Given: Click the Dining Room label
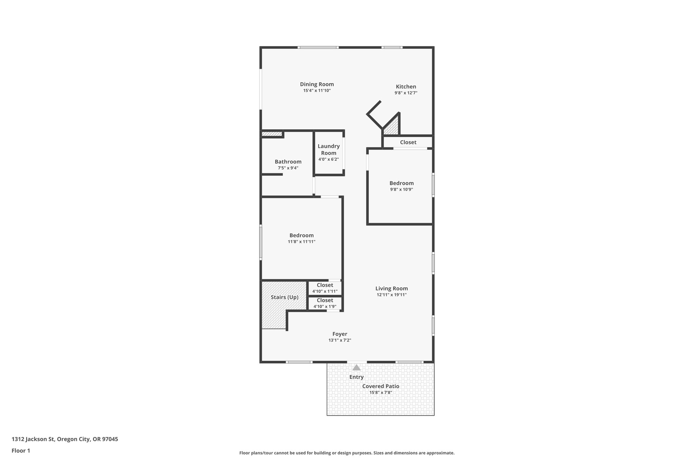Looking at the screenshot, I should click(317, 84).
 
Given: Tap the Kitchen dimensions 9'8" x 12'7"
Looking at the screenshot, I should click(406, 93).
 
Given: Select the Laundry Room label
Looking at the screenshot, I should click(328, 149).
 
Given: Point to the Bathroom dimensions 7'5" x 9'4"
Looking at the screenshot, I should click(288, 168).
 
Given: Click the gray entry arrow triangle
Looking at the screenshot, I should click(356, 368).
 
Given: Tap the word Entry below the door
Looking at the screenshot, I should click(356, 377).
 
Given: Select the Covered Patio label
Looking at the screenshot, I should click(381, 386).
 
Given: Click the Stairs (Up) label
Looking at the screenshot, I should click(284, 297).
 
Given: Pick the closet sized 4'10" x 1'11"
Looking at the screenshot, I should click(325, 288).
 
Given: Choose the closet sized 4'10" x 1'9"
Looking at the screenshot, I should click(325, 303).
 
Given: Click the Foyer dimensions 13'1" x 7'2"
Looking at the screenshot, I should click(340, 340).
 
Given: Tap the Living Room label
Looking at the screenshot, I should click(391, 288).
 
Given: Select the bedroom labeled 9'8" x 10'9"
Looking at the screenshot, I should click(401, 186).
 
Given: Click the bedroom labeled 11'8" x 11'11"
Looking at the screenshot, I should click(301, 238).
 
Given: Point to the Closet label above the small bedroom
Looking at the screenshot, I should click(408, 142).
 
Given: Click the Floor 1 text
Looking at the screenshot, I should click(21, 450).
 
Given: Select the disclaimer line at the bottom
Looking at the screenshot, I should click(347, 453).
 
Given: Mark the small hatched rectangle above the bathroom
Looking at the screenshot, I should click(272, 134).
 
